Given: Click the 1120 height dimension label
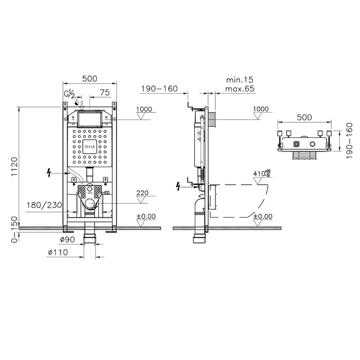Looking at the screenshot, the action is [x=14, y=166].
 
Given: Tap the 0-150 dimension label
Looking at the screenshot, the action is [x=14, y=230].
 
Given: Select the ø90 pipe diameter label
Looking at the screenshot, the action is [x=68, y=240].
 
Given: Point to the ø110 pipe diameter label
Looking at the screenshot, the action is [x=58, y=252].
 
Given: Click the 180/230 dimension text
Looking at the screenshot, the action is [x=44, y=205].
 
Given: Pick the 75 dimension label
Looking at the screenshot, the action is [x=105, y=93].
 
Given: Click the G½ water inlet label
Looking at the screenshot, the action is [x=69, y=94].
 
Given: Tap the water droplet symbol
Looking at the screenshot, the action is [x=77, y=102].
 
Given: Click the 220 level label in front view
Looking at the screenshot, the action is [x=142, y=193].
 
